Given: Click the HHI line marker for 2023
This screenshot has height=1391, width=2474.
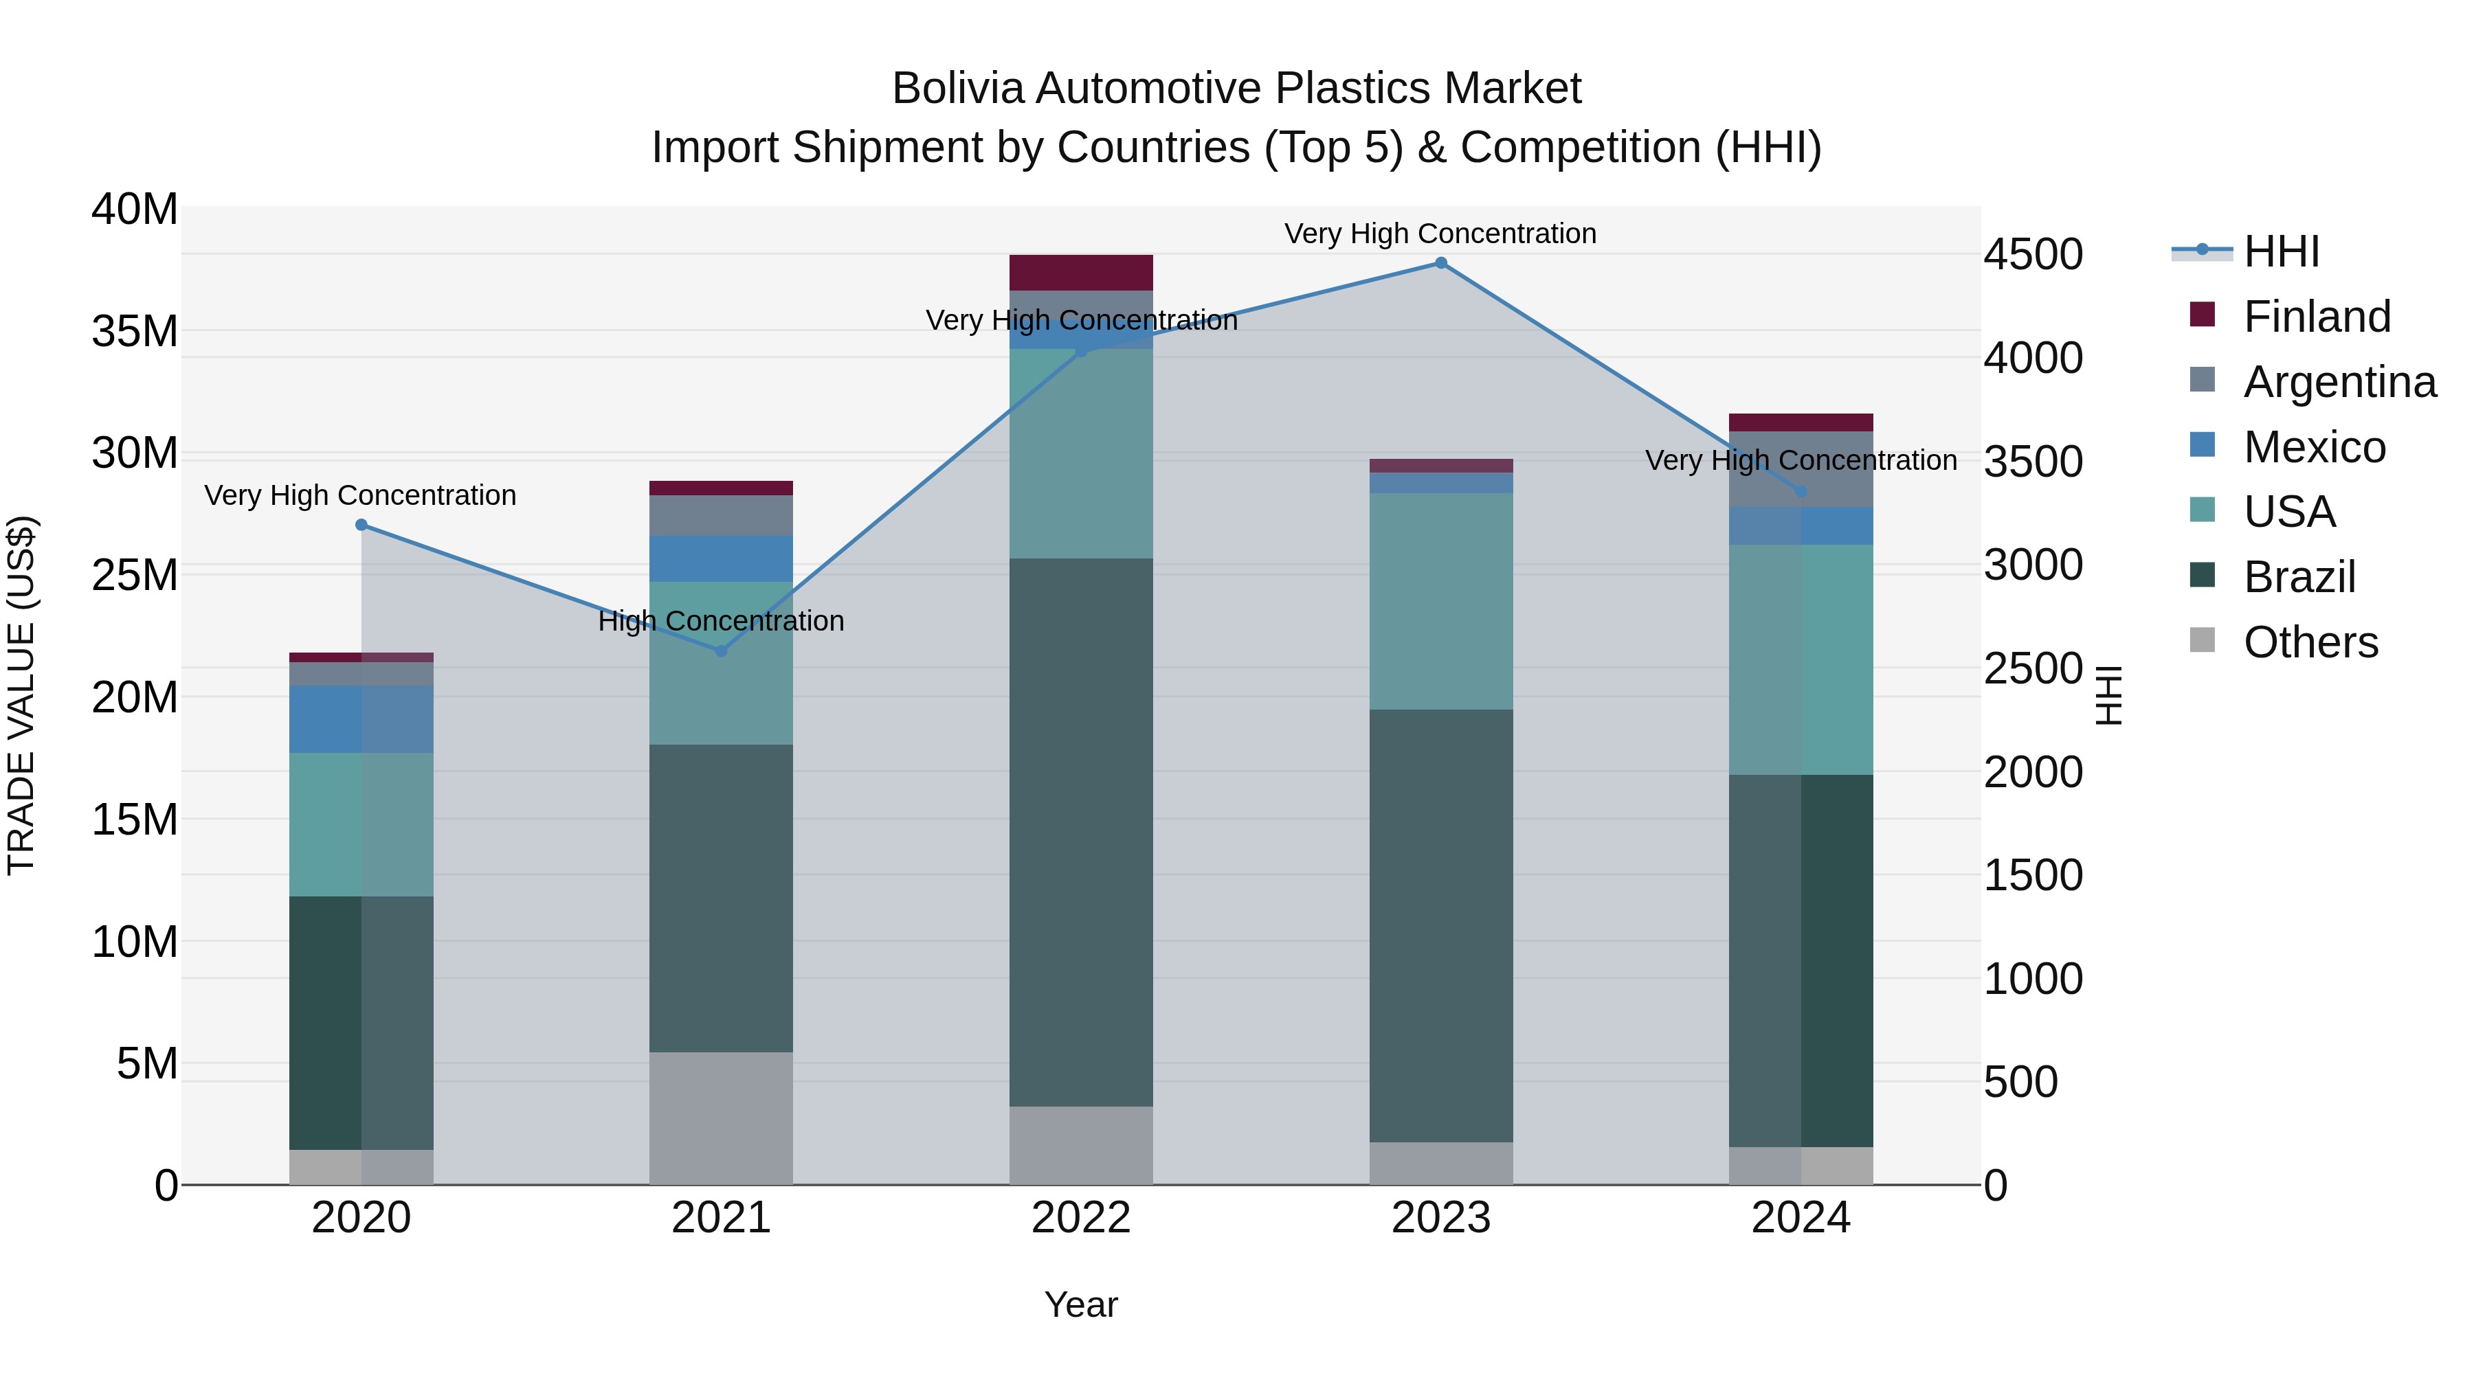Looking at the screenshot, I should pyautogui.click(x=1440, y=263).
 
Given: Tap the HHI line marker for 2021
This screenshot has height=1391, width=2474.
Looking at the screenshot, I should pyautogui.click(x=722, y=651).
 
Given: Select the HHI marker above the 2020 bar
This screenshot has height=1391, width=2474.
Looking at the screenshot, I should pyautogui.click(x=361, y=525).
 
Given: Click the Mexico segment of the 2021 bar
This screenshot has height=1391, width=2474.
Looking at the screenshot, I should pyautogui.click(x=722, y=558).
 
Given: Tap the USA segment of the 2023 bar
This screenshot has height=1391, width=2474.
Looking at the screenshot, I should pyautogui.click(x=1440, y=601).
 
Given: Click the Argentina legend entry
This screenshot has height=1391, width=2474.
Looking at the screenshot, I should pyautogui.click(x=2339, y=382).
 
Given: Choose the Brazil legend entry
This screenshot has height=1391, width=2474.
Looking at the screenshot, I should pyautogui.click(x=2299, y=577).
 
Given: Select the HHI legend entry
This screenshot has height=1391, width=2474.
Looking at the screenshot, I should pyautogui.click(x=2281, y=251).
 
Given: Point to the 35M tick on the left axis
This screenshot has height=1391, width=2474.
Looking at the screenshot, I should pyautogui.click(x=135, y=331).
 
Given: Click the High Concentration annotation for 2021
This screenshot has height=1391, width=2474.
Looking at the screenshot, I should pyautogui.click(x=722, y=621).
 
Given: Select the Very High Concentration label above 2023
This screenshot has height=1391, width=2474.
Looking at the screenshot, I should pyautogui.click(x=1440, y=234).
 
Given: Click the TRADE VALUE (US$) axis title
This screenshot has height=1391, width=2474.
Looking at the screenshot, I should pyautogui.click(x=21, y=695).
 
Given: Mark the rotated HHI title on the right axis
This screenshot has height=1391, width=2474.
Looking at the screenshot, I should pyautogui.click(x=2109, y=695).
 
